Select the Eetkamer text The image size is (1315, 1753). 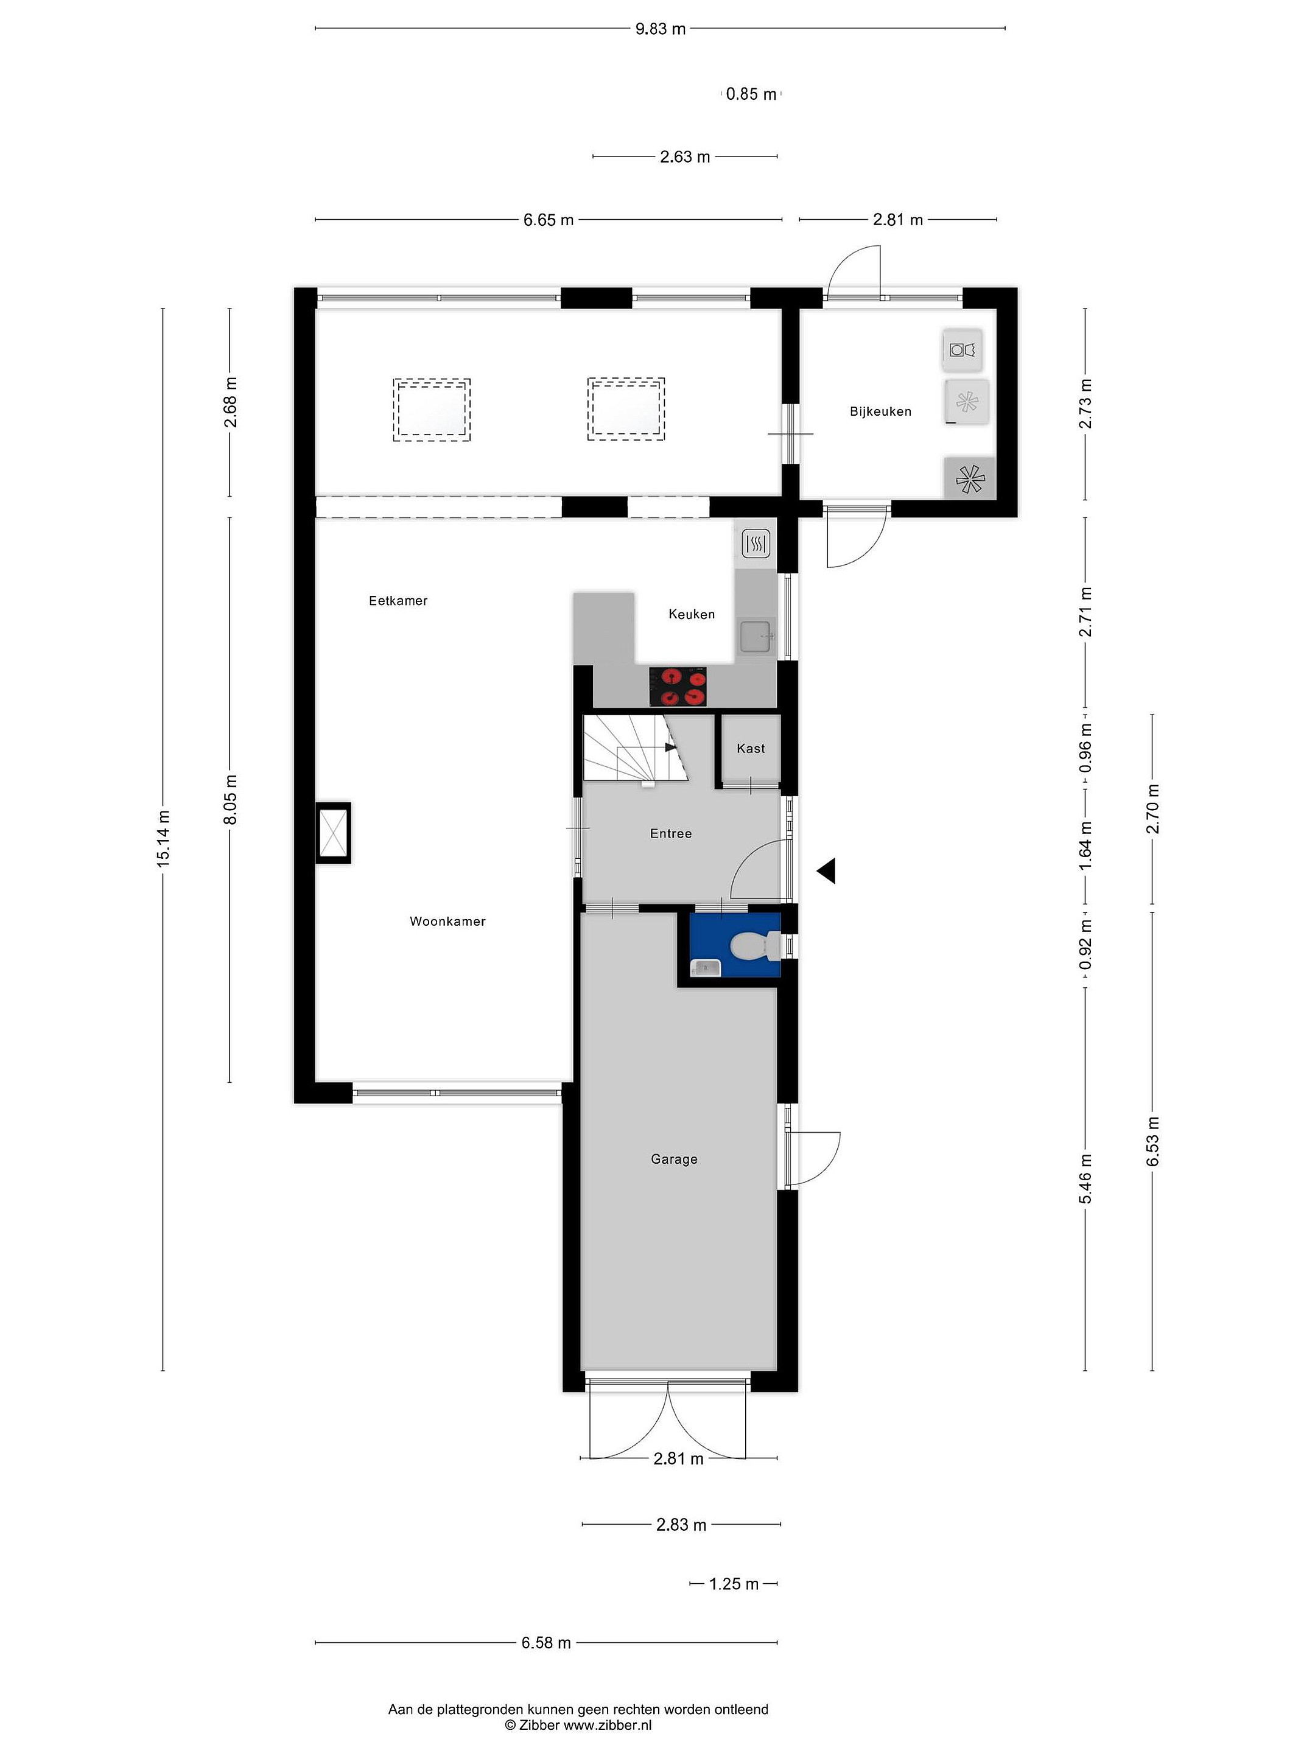pyautogui.click(x=398, y=601)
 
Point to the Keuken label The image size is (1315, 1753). pyautogui.click(x=691, y=614)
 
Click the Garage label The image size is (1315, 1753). pyautogui.click(x=674, y=1160)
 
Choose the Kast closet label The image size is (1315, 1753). pyautogui.click(x=751, y=748)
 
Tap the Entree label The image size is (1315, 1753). pyautogui.click(x=670, y=834)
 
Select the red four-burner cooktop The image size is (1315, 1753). pyautogui.click(x=678, y=687)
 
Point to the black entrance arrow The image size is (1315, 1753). pyautogui.click(x=826, y=871)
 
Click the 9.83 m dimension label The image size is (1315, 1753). pyautogui.click(x=661, y=29)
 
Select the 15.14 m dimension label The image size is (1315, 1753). pyautogui.click(x=163, y=839)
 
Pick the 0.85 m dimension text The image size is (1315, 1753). pyautogui.click(x=751, y=94)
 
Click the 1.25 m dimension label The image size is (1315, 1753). pyautogui.click(x=733, y=1583)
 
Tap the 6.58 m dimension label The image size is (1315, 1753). pyautogui.click(x=546, y=1643)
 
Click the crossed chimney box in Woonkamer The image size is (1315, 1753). pyautogui.click(x=333, y=833)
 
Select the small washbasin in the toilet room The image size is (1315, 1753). pyautogui.click(x=704, y=967)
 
